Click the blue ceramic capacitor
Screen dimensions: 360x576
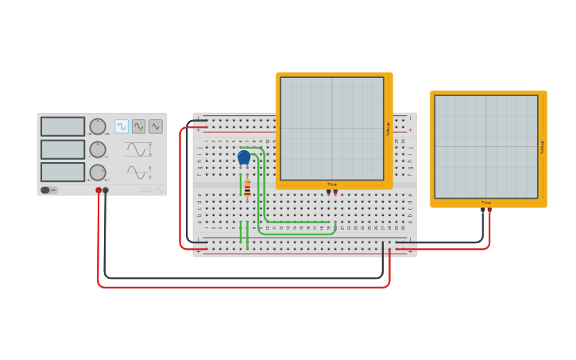click(244, 157)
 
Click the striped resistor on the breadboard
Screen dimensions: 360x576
click(247, 188)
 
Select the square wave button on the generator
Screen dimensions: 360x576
click(122, 126)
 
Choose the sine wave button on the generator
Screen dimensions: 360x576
click(138, 126)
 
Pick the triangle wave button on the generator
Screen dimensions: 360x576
click(156, 126)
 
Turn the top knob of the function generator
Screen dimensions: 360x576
click(98, 126)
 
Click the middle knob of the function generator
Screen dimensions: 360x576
click(98, 149)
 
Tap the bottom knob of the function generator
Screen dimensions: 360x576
click(98, 172)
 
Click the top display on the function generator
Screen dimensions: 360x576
click(63, 126)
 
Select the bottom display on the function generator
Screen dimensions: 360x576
click(63, 172)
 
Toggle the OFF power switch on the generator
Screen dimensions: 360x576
click(48, 190)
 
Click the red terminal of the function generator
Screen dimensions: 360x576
click(99, 191)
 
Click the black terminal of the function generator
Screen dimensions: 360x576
click(106, 191)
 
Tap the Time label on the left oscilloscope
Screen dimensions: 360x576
click(332, 184)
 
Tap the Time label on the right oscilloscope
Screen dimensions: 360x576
click(486, 203)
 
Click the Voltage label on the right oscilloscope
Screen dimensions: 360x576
click(542, 147)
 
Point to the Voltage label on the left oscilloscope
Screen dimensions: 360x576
click(389, 129)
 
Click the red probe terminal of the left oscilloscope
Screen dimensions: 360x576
click(335, 192)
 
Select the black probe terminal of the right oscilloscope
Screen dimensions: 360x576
click(483, 210)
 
